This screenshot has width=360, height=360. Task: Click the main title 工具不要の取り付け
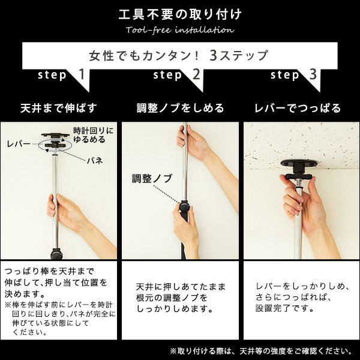180,13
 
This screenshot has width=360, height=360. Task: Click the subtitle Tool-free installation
180,30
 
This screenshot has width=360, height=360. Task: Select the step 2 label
178,76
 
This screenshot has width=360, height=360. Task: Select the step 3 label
294,76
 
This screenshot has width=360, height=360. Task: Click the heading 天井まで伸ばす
59,108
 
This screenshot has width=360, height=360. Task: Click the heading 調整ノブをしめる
180,108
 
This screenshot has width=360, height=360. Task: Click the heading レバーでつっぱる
298,108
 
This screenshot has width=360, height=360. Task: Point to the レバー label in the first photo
19,145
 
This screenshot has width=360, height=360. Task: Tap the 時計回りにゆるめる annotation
92,135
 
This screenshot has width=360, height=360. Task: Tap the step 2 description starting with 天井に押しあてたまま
180,297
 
